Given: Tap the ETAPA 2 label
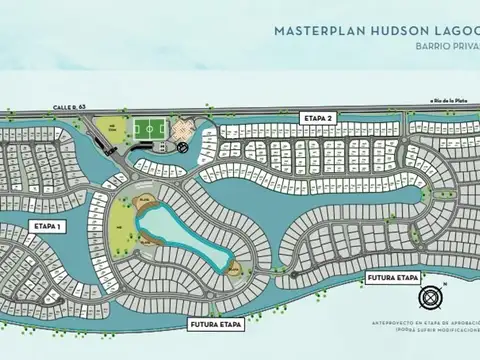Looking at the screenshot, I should click(x=316, y=118).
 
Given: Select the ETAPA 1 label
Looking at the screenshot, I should click(x=46, y=226).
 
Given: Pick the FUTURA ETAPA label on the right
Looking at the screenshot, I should click(x=392, y=276).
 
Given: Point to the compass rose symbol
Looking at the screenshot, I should click(x=434, y=296).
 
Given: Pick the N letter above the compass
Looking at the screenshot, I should click(x=446, y=284).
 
